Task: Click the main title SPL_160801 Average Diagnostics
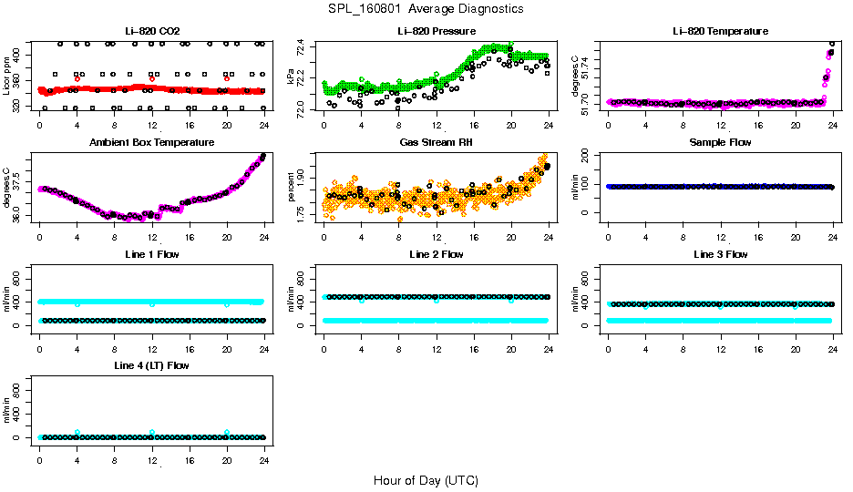tap(426, 8)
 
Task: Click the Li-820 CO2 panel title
tap(150, 32)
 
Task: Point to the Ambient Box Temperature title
tap(151, 143)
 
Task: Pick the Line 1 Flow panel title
tap(151, 254)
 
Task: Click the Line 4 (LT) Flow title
tap(151, 365)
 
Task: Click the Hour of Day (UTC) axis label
tap(426, 480)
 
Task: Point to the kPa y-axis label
tap(292, 77)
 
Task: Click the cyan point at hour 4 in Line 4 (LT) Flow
tap(77, 432)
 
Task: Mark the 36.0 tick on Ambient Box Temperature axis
tap(19, 216)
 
